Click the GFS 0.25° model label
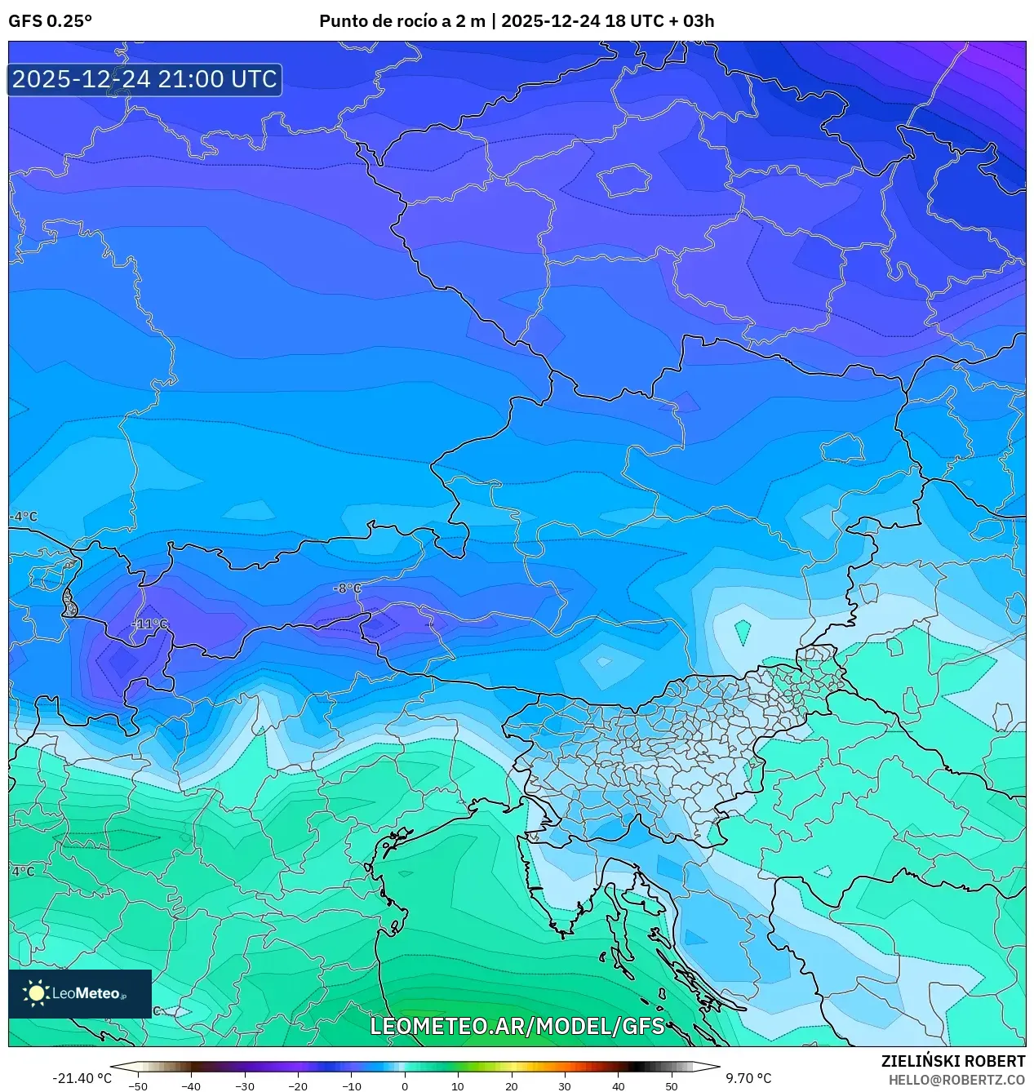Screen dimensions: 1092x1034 point(50,21)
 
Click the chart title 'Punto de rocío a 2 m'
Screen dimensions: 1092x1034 point(402,21)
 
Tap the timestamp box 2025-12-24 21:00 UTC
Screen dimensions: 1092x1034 point(144,79)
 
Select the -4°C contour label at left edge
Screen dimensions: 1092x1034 point(24,517)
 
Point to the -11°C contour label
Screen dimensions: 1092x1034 point(149,624)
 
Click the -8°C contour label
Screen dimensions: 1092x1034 point(347,588)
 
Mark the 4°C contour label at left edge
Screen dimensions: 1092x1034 point(23,871)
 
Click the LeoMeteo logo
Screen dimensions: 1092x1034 point(80,993)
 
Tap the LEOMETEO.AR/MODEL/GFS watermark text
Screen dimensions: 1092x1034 point(517,1026)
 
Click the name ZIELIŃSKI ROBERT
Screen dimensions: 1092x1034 point(952,1061)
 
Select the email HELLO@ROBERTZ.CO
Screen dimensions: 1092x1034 point(956,1080)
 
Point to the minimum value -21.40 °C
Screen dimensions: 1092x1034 point(82,1078)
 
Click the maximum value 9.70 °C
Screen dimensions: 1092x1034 point(748,1078)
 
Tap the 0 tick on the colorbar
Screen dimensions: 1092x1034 point(405,1085)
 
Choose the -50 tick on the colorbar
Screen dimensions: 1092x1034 point(138,1085)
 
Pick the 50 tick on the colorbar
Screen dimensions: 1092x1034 point(672,1085)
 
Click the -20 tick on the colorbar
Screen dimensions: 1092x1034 point(298,1085)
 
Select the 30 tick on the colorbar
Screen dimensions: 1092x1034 point(565,1085)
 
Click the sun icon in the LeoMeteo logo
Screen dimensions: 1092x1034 point(37,993)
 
